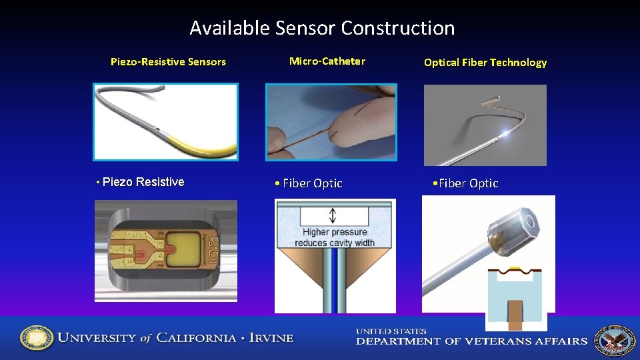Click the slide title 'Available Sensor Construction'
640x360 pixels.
322,28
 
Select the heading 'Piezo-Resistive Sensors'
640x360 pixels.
168,62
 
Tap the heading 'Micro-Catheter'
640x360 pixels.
327,61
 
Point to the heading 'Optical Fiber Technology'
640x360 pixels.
485,63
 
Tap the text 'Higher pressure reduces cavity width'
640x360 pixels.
335,237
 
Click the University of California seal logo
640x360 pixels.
36,338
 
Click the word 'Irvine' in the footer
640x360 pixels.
271,338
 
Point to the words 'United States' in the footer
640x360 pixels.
391,331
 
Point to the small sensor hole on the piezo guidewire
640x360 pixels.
155,128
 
